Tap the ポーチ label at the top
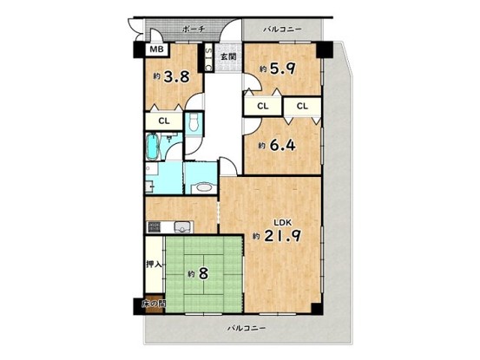tap(194, 29)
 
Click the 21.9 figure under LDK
tap(282, 236)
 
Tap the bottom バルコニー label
tap(247, 328)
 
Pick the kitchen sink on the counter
tap(182, 227)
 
